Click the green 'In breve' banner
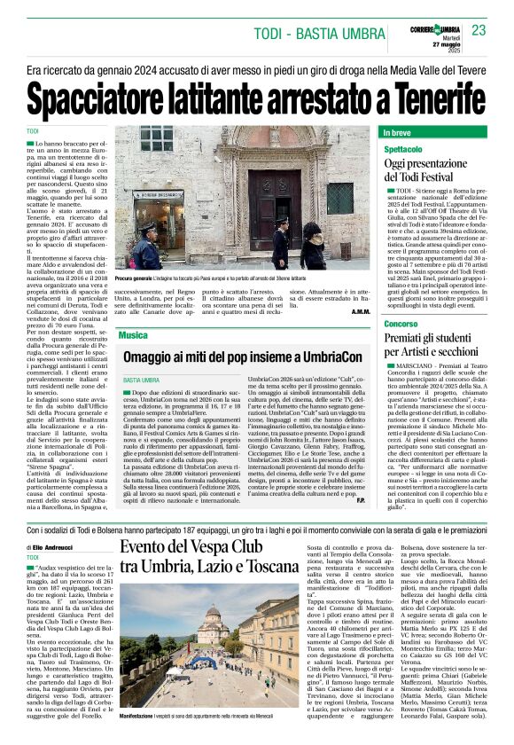[432, 133]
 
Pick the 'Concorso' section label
[401, 324]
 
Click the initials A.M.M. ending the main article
[360, 313]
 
